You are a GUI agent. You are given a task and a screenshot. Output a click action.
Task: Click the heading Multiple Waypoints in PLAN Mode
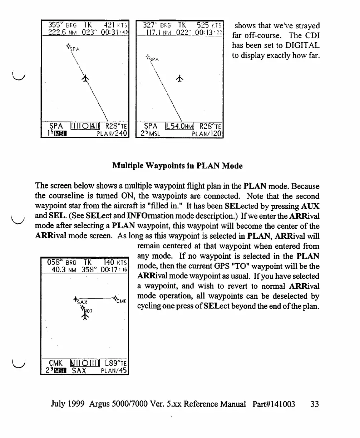(177, 166)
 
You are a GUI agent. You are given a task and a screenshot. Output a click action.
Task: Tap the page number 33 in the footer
(315, 404)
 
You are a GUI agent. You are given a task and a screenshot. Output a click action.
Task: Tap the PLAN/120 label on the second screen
(207, 134)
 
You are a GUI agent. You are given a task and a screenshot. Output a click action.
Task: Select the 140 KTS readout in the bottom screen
(114, 262)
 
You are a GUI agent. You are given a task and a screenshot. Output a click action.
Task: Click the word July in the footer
(59, 404)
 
